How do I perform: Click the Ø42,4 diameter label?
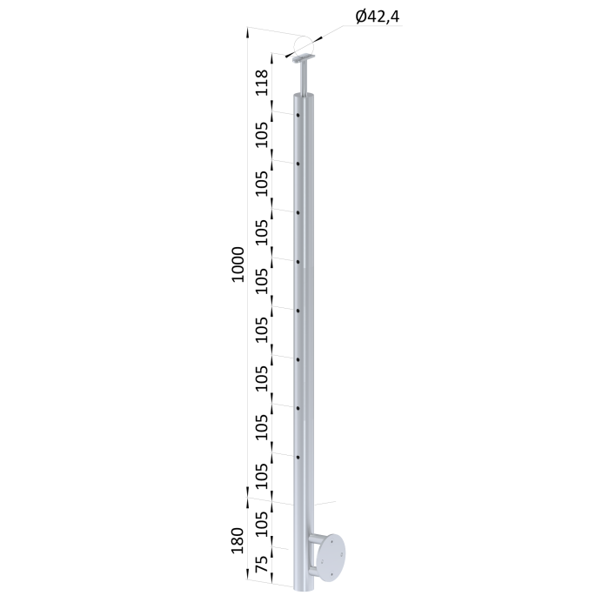377,17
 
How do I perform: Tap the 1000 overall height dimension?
238,264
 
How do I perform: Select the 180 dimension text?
237,540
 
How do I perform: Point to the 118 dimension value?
262,83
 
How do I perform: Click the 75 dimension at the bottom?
262,564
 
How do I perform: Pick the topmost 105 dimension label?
262,135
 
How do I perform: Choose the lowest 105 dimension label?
262,524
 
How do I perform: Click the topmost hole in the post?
298,115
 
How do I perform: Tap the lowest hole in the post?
298,458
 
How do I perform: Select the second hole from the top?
298,164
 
